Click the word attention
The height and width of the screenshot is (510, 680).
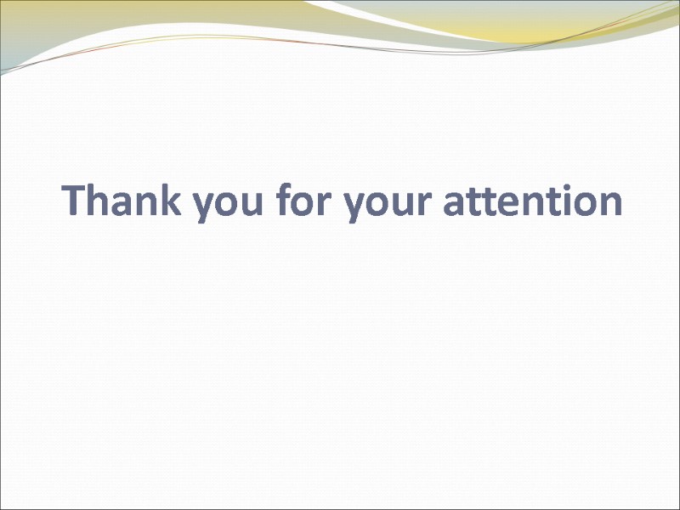click(x=533, y=202)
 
